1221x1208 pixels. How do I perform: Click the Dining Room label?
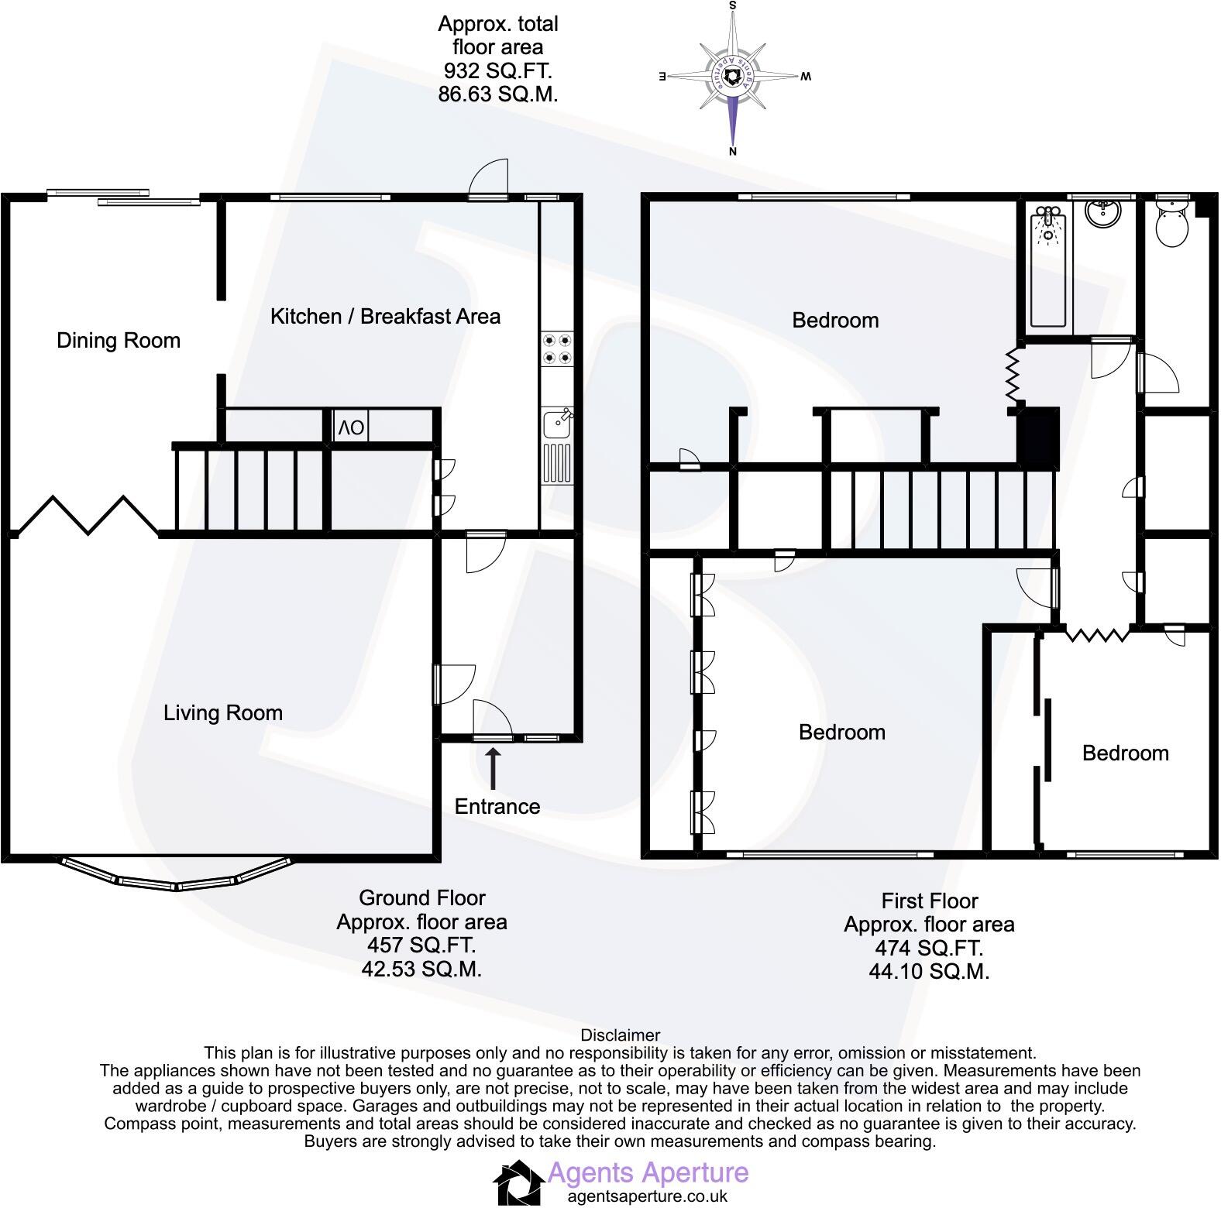119,341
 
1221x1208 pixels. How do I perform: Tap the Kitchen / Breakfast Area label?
385,317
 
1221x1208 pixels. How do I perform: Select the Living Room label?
223,713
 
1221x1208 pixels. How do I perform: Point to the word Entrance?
497,807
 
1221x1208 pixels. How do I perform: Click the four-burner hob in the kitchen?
557,348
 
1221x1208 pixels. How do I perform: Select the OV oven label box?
350,427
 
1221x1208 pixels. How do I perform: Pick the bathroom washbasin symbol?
1102,212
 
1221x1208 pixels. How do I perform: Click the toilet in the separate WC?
1171,225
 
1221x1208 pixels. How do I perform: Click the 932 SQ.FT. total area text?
497,71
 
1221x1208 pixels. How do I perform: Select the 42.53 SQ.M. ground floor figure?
421,969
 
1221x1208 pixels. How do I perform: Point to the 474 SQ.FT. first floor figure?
928,948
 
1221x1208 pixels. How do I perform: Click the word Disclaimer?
620,1035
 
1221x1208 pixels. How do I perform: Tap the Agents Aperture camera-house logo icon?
518,1182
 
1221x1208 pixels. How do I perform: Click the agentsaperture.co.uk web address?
647,1196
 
